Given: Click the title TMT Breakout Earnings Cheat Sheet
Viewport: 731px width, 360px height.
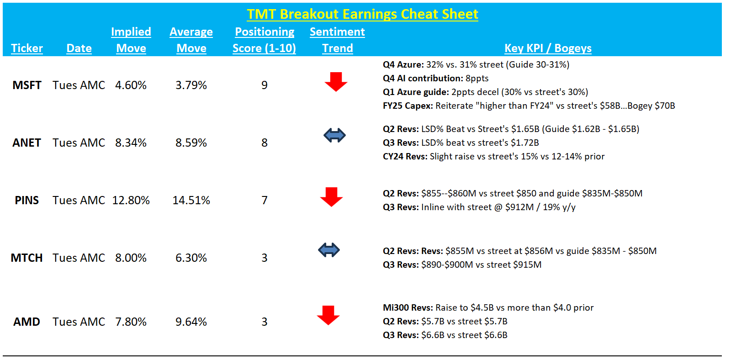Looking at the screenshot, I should tap(362, 14).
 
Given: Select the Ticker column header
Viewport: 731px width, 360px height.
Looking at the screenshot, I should tap(27, 48).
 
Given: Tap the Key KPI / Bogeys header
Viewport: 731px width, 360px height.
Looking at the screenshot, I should tap(548, 48).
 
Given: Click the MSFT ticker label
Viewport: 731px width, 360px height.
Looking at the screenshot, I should tap(27, 85).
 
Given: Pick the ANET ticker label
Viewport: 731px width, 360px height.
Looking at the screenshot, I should tap(27, 143).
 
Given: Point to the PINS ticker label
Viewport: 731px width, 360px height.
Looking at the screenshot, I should tap(27, 200).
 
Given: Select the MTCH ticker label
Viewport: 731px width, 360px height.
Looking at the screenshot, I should tap(27, 258).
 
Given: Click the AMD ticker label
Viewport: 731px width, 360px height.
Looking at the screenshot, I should tap(27, 322).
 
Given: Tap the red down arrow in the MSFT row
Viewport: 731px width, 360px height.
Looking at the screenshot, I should tap(336, 82).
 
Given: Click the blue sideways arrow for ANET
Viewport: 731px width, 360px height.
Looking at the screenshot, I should tap(334, 135).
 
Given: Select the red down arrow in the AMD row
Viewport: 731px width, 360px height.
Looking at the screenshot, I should tap(328, 315).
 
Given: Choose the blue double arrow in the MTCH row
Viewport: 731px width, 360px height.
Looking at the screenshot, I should tap(329, 250).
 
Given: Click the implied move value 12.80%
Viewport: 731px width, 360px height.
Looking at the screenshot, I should tap(131, 200).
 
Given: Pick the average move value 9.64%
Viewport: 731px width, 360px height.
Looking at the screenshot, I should tap(191, 322).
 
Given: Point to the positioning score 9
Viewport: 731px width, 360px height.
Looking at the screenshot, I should tap(265, 85).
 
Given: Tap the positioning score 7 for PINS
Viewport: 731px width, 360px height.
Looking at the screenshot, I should tap(265, 200).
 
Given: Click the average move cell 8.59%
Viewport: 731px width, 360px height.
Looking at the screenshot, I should tap(191, 143).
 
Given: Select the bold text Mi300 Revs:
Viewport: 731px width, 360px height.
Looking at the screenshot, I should tap(408, 307).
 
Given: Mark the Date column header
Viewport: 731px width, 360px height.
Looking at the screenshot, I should tap(79, 48).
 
